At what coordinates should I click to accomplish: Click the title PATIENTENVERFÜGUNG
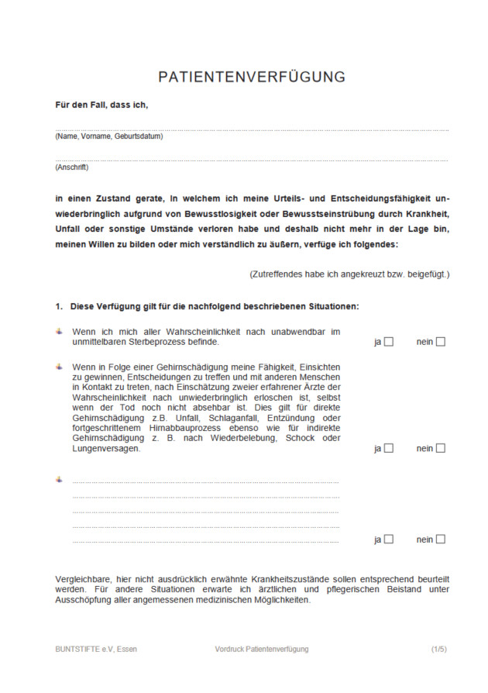click(x=252, y=78)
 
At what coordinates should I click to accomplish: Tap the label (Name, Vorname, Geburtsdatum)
click(x=108, y=136)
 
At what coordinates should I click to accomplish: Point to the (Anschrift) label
click(x=72, y=167)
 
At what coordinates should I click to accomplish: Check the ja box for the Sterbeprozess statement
click(x=389, y=342)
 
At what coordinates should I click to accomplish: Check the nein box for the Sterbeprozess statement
click(x=441, y=342)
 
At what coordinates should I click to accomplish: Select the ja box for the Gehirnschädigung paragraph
click(x=389, y=448)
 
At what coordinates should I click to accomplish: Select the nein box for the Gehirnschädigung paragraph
click(x=441, y=448)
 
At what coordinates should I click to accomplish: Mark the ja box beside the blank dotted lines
click(x=389, y=540)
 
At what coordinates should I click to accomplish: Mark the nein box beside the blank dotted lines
click(x=441, y=540)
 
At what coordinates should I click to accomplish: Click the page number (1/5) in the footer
click(x=439, y=649)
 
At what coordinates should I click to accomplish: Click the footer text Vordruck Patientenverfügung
click(x=262, y=649)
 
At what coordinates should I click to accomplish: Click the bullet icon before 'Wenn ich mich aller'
click(x=60, y=332)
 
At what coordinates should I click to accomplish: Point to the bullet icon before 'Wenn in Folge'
click(x=60, y=367)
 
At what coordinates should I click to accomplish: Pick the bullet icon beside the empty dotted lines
click(x=60, y=479)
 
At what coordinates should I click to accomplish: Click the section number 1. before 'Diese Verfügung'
click(x=59, y=306)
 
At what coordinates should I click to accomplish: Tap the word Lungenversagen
click(x=106, y=449)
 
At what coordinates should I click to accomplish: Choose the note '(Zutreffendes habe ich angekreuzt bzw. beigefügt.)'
click(x=349, y=274)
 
